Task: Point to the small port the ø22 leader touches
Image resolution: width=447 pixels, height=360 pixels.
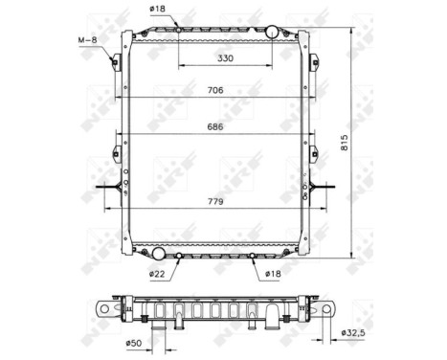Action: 179,257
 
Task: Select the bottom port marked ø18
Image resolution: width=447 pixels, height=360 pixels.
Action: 252,257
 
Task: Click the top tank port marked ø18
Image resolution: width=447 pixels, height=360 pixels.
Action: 179,30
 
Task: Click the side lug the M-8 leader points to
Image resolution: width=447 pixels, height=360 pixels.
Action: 116,62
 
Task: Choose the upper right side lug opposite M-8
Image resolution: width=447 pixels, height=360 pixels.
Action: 313,62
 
